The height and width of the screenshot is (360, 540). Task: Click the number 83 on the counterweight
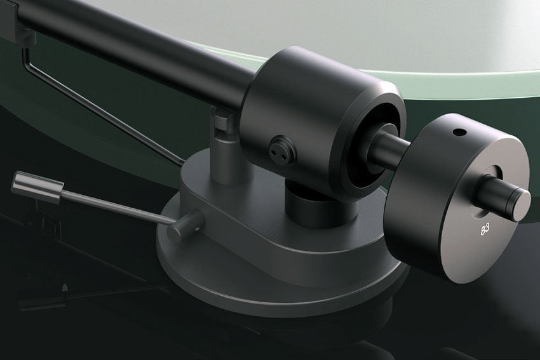tap(485, 230)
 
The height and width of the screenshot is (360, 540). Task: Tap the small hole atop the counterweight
tap(459, 132)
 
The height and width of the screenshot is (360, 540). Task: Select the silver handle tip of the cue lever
tap(37, 187)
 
